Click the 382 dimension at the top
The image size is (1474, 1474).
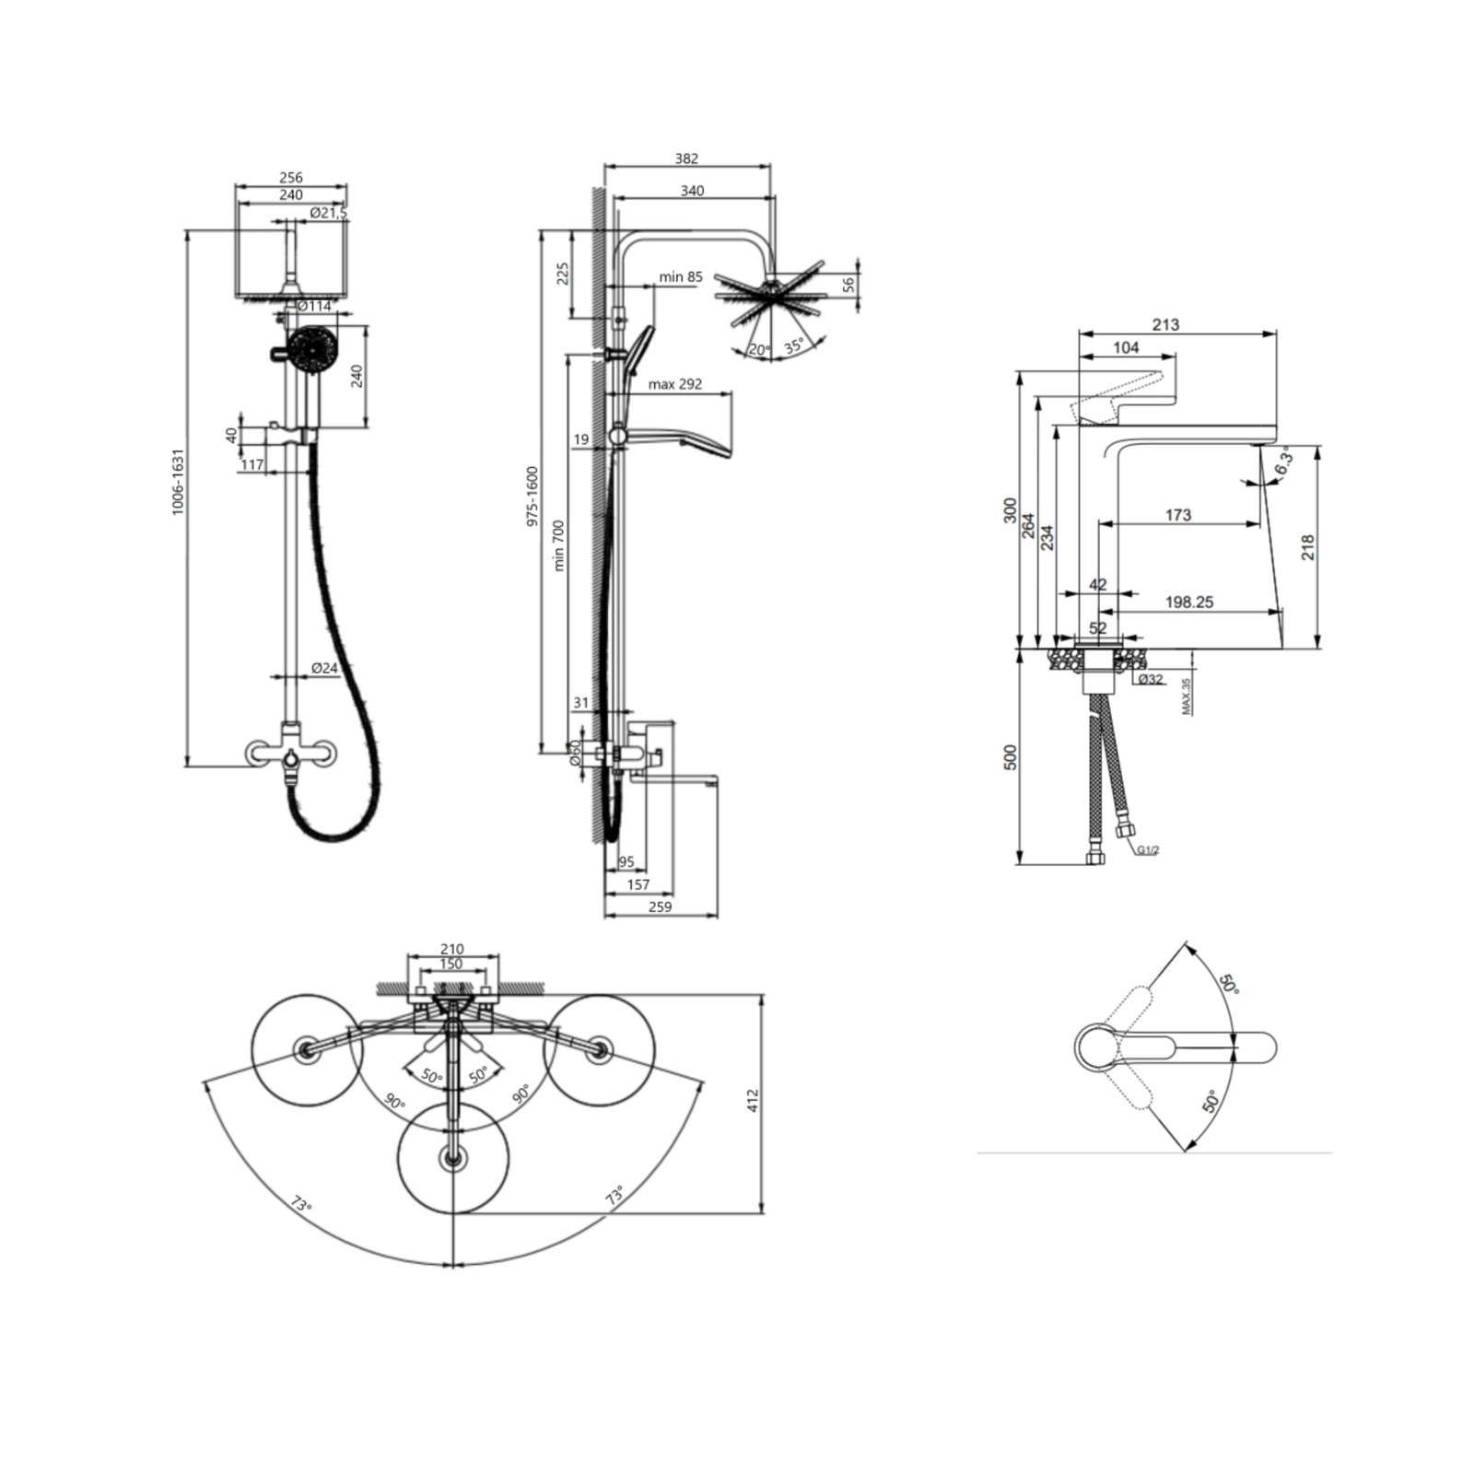(x=686, y=158)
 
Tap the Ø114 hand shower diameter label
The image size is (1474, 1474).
(x=314, y=306)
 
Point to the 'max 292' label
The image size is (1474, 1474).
(x=675, y=384)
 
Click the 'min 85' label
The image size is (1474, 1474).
(x=681, y=277)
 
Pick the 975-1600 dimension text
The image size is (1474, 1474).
(x=532, y=497)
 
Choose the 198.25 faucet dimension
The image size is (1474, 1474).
(x=1189, y=602)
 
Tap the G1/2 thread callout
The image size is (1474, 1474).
(x=1147, y=850)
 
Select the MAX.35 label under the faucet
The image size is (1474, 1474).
(x=1187, y=696)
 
